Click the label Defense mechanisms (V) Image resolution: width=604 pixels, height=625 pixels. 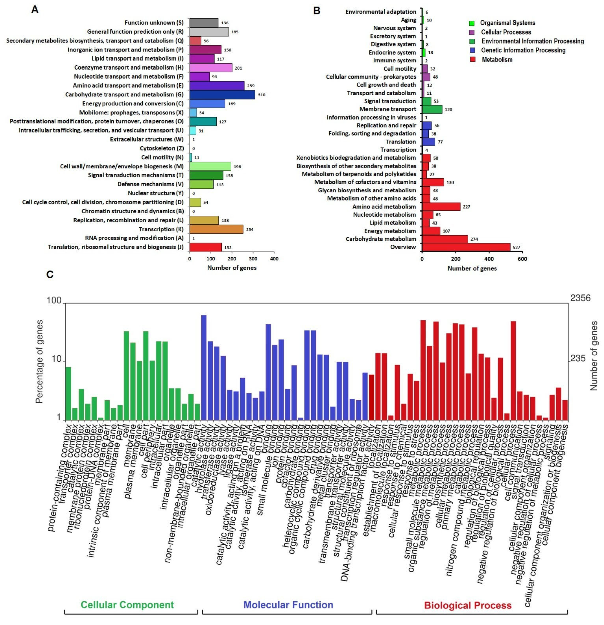[x=150, y=184]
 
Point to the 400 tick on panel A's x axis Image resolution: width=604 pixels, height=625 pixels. [x=274, y=259]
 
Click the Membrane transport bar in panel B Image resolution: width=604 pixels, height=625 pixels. [x=432, y=109]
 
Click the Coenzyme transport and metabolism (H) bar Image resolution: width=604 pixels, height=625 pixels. [x=211, y=68]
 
